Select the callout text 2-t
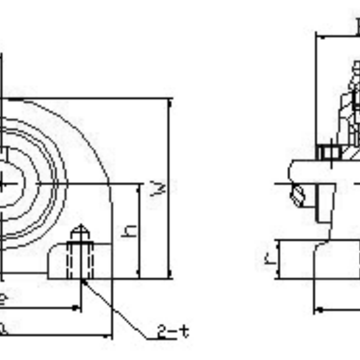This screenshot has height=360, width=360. pyautogui.click(x=173, y=331)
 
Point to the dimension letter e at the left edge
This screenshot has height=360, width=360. pyautogui.click(x=3, y=299)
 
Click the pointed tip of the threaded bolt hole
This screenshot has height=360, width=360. pyautogui.click(x=80, y=226)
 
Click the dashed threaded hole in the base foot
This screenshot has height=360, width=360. pyautogui.click(x=80, y=260)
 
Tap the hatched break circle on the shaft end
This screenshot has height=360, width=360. pyautogui.click(x=298, y=196)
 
